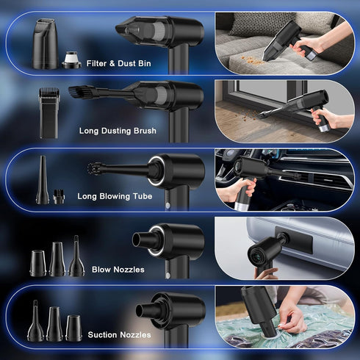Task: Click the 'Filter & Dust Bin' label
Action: (118, 63)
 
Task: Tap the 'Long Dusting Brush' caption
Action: (118, 131)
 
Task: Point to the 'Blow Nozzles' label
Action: (118, 269)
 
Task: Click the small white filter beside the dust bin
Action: (71, 59)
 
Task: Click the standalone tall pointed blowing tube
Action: (43, 180)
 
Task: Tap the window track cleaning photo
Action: (284, 110)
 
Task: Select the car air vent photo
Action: (284, 180)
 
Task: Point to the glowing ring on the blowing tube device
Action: (156, 171)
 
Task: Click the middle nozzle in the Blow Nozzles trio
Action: (57, 259)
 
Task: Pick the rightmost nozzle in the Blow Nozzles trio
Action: (76, 257)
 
